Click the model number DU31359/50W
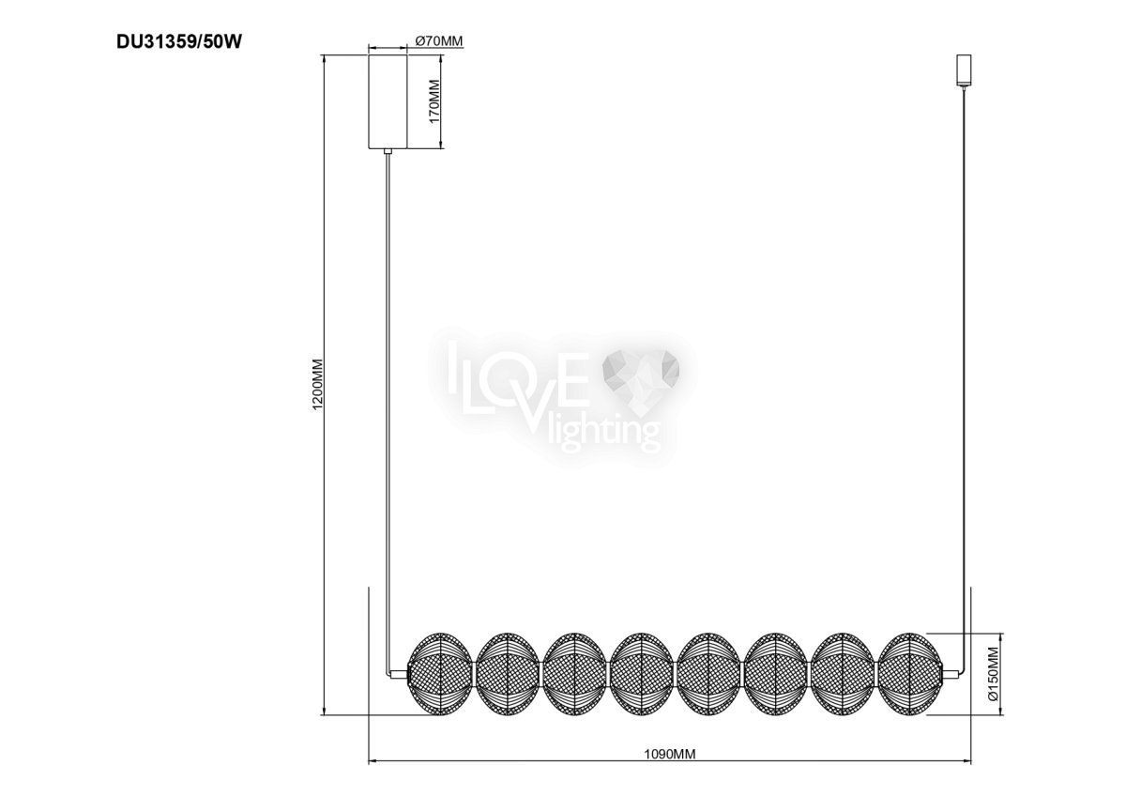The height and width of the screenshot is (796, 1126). tap(179, 41)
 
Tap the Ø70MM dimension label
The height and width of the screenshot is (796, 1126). tap(439, 41)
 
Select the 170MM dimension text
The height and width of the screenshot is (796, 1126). tap(434, 101)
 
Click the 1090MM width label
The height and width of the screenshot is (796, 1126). tap(670, 768)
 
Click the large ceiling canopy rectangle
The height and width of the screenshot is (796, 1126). tap(388, 101)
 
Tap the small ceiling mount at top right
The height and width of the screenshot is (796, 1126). tap(964, 69)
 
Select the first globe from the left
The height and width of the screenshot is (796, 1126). tap(440, 674)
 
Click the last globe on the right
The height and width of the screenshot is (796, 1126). tap(909, 674)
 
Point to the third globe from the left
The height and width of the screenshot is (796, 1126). tap(574, 674)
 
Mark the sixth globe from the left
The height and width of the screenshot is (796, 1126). tap(775, 674)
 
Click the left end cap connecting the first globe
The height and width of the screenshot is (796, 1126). tap(400, 674)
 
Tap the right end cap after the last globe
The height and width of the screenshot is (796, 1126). tap(950, 674)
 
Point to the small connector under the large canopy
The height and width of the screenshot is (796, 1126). tap(388, 151)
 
